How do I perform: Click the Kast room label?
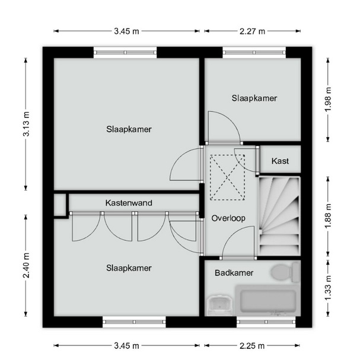(x=280, y=161)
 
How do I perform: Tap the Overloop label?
(x=228, y=218)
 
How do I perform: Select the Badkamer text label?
(x=234, y=273)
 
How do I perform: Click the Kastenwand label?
(x=129, y=203)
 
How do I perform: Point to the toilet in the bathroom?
(x=285, y=272)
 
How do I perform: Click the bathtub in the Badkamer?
(x=267, y=301)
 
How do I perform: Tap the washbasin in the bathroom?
(x=219, y=305)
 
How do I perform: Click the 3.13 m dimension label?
(x=26, y=124)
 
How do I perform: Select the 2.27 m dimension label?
(x=252, y=31)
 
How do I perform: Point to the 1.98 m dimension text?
(x=328, y=100)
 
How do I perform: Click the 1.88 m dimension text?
(x=328, y=216)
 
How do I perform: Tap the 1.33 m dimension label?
(x=328, y=288)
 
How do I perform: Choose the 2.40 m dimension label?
(x=26, y=265)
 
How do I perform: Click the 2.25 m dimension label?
(x=252, y=346)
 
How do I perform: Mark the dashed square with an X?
(x=227, y=177)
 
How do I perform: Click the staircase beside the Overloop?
(x=279, y=216)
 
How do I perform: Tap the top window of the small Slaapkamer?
(x=254, y=53)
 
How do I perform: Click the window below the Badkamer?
(x=266, y=322)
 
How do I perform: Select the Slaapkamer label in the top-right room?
(x=254, y=99)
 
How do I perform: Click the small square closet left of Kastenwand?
(x=60, y=204)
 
